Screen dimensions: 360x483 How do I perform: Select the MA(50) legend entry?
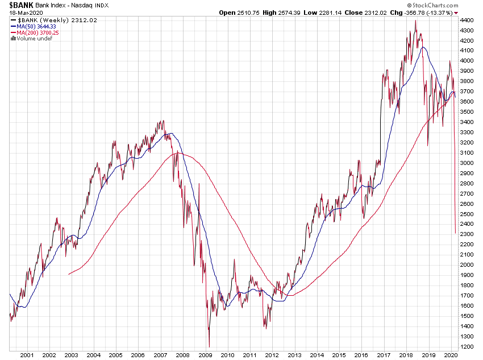click(x=37, y=26)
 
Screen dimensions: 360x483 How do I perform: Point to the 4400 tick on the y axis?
click(x=467, y=20)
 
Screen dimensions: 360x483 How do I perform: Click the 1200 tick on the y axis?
click(x=467, y=346)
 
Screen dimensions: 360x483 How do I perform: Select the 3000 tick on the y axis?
click(x=467, y=163)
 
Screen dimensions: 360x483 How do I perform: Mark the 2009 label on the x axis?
click(x=205, y=355)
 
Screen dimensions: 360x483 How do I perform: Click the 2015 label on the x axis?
click(x=339, y=355)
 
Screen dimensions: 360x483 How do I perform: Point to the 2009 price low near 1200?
click(x=209, y=346)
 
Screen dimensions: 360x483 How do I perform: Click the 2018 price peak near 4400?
click(x=415, y=21)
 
